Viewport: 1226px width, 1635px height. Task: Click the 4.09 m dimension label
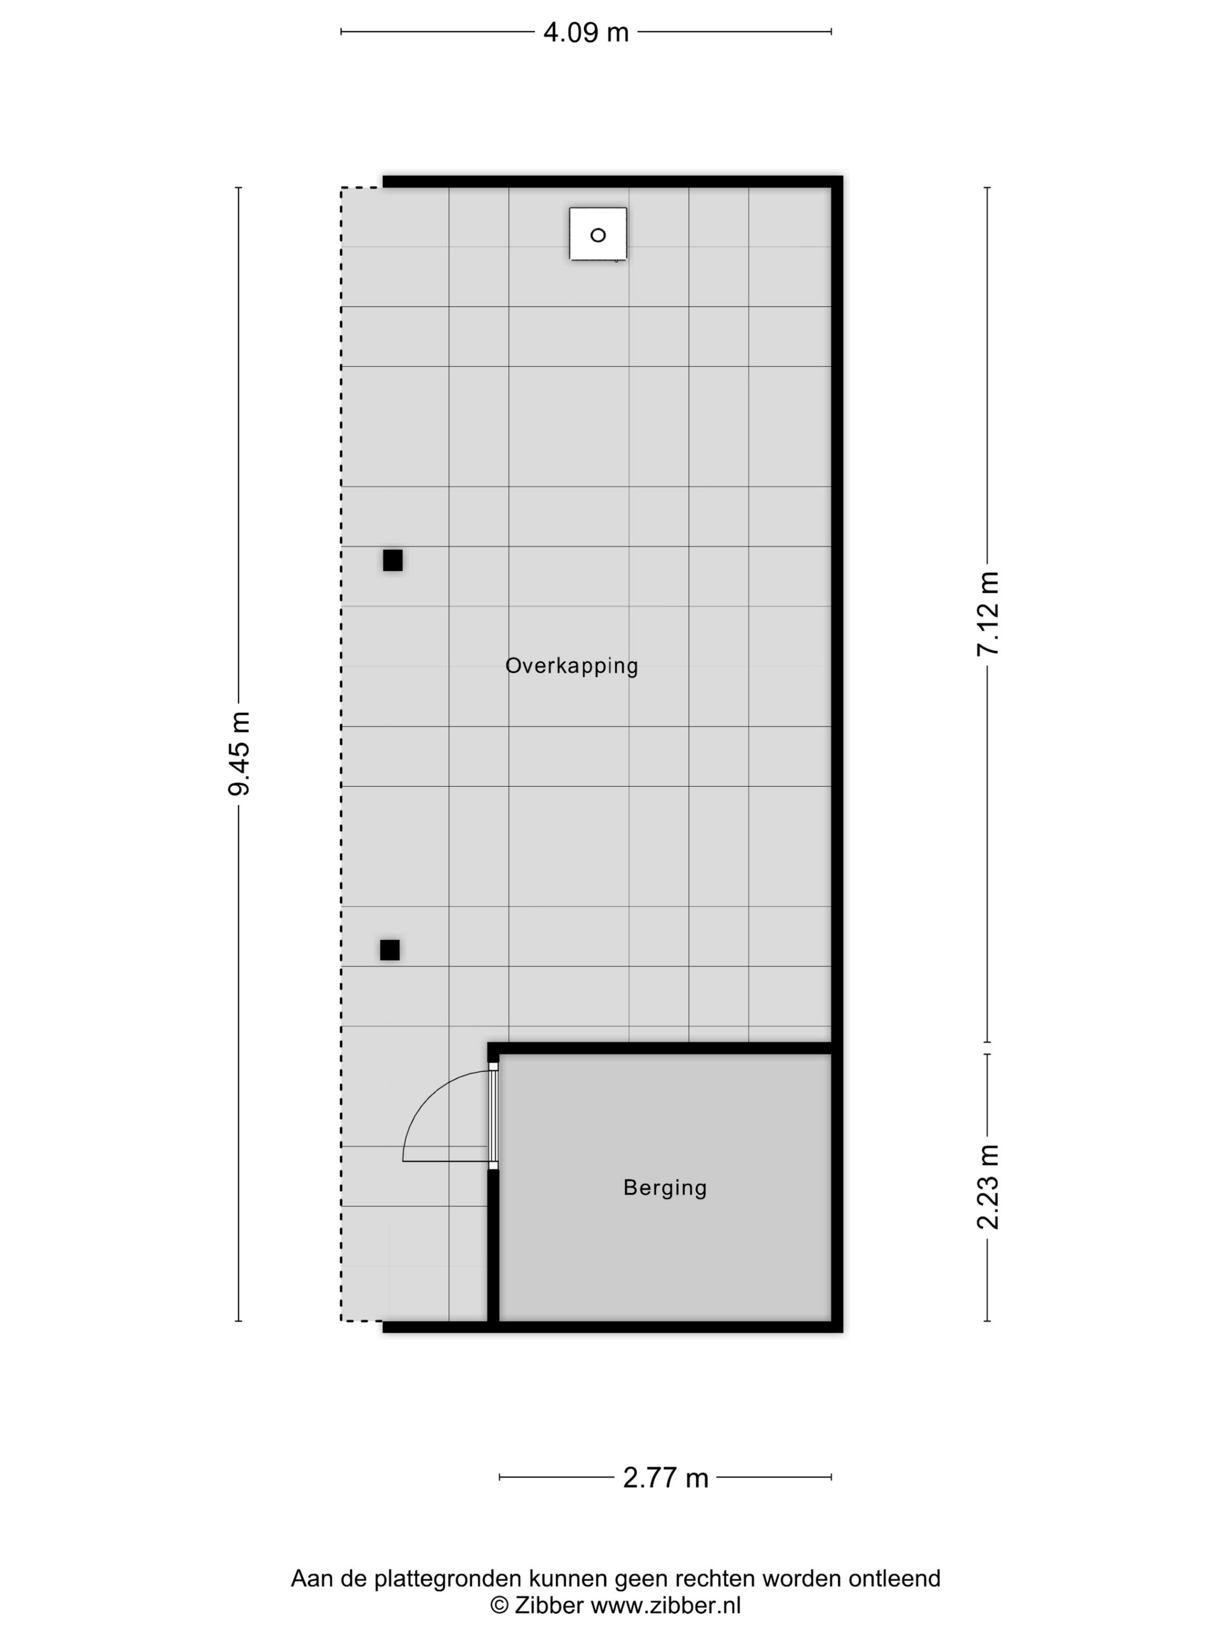pyautogui.click(x=586, y=33)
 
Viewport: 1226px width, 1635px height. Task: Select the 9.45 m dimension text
pyautogui.click(x=239, y=753)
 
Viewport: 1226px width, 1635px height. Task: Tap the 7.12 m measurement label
pyautogui.click(x=988, y=614)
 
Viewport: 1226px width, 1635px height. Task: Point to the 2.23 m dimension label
pyautogui.click(x=988, y=1188)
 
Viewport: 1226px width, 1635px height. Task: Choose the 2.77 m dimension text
pyautogui.click(x=665, y=1477)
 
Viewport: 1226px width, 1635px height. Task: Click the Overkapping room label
pyautogui.click(x=571, y=666)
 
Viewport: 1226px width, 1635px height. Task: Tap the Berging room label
pyautogui.click(x=665, y=1187)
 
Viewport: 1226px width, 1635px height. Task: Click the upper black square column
pyautogui.click(x=392, y=560)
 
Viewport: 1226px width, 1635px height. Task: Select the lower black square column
pyautogui.click(x=389, y=950)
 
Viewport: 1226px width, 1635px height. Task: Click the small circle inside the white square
pyautogui.click(x=598, y=235)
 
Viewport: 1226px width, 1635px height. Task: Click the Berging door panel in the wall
pyautogui.click(x=493, y=1116)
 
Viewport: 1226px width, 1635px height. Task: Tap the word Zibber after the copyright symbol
pyautogui.click(x=549, y=1605)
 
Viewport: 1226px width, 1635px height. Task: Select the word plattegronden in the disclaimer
pyautogui.click(x=451, y=1579)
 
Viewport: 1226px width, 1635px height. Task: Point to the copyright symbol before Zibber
pyautogui.click(x=500, y=1605)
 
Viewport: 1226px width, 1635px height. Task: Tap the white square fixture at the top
pyautogui.click(x=598, y=234)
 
